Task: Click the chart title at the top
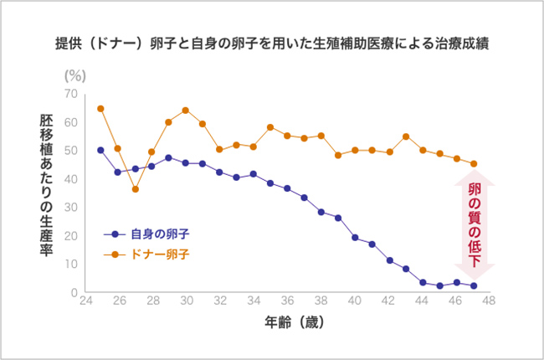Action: coord(272,43)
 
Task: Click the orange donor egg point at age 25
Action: coord(100,108)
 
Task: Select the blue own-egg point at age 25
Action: coord(100,150)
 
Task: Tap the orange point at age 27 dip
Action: coord(135,189)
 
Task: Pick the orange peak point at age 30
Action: coord(185,110)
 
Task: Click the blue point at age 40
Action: coord(355,238)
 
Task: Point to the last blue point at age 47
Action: coord(474,285)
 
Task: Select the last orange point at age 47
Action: coord(474,164)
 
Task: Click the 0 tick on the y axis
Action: coord(74,292)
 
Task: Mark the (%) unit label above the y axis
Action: coord(76,75)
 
